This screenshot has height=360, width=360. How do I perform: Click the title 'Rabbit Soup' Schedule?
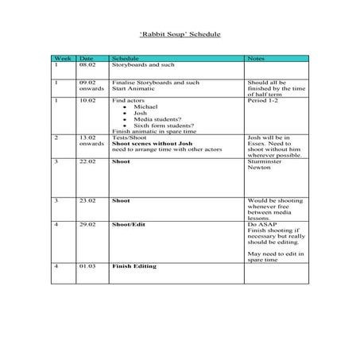180,35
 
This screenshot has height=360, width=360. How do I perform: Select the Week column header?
61,59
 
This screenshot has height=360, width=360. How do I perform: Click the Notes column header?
256,59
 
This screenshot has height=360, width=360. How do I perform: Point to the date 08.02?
87,64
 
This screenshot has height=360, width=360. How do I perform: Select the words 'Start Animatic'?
131,88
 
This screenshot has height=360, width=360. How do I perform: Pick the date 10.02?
87,102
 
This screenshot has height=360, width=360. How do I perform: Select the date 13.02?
87,137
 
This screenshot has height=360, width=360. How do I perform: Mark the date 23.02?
87,201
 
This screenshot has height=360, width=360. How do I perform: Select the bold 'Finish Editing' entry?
134,265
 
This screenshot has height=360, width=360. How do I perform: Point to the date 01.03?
87,265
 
